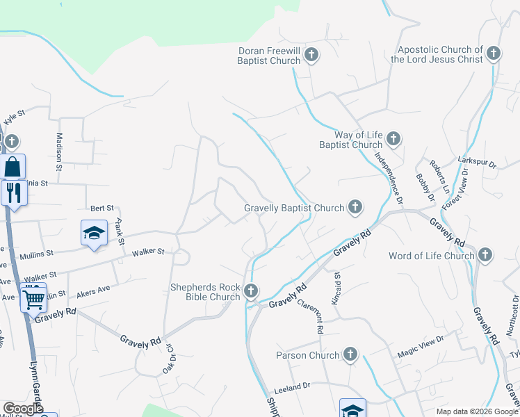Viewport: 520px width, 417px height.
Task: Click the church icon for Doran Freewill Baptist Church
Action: click(x=311, y=55)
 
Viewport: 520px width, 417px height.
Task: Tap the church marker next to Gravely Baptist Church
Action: click(x=355, y=206)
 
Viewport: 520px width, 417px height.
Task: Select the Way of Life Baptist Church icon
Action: click(x=393, y=139)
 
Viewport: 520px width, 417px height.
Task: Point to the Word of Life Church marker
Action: click(x=485, y=255)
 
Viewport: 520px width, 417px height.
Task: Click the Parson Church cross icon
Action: click(x=349, y=355)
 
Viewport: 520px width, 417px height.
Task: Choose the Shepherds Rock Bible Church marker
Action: click(x=251, y=291)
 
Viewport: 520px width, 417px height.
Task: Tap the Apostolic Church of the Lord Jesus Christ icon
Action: click(x=493, y=54)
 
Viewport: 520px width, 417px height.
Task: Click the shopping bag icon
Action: click(x=13, y=167)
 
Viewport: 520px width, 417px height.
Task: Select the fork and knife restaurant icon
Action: click(x=13, y=192)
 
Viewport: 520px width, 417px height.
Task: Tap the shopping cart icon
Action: click(x=33, y=300)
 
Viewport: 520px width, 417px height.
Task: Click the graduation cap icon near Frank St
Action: click(x=94, y=233)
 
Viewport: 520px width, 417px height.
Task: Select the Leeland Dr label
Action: click(x=292, y=386)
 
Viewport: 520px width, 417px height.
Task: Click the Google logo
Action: click(x=24, y=409)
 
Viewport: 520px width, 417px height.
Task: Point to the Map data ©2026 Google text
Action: click(x=476, y=411)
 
